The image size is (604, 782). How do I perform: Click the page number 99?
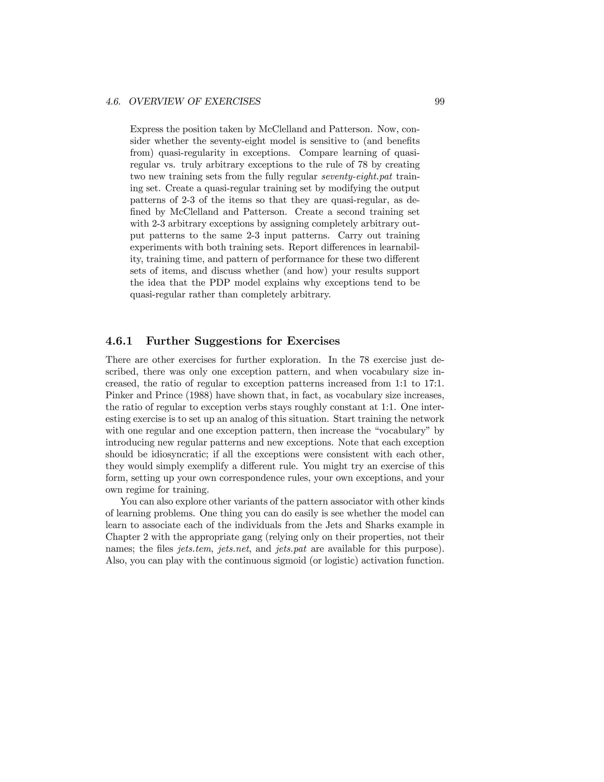point(439,102)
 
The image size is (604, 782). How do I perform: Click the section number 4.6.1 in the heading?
point(119,341)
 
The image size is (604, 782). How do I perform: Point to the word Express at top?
point(146,129)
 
